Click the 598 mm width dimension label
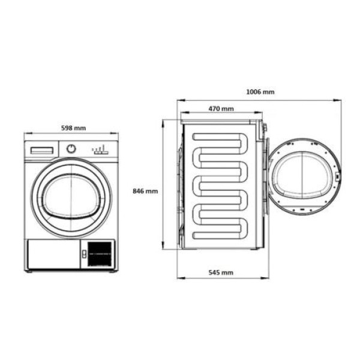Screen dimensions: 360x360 coord(73,128)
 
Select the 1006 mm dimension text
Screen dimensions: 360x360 coord(260,92)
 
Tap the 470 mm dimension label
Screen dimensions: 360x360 coord(221,109)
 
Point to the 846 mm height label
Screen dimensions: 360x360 coord(145,191)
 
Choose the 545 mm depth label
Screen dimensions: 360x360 coord(221,272)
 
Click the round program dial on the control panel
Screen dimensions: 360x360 coord(71,149)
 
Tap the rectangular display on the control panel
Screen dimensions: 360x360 coord(42,151)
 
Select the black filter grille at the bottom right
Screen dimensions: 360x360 coord(100,254)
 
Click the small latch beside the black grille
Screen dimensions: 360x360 coord(84,254)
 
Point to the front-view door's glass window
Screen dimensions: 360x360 coord(71,197)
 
